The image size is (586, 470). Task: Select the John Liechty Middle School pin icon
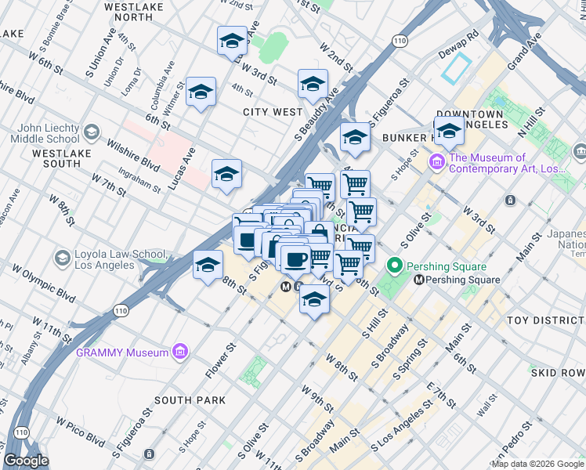tap(92, 132)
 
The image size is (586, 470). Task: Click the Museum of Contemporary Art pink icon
tap(436, 163)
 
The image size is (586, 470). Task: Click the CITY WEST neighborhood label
tap(272, 112)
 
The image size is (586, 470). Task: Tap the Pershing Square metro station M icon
tap(420, 280)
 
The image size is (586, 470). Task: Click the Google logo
tap(27, 461)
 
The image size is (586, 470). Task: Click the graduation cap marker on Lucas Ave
tap(226, 174)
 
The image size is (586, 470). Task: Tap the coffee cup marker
tap(295, 258)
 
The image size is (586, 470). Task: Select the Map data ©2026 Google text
tap(537, 464)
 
